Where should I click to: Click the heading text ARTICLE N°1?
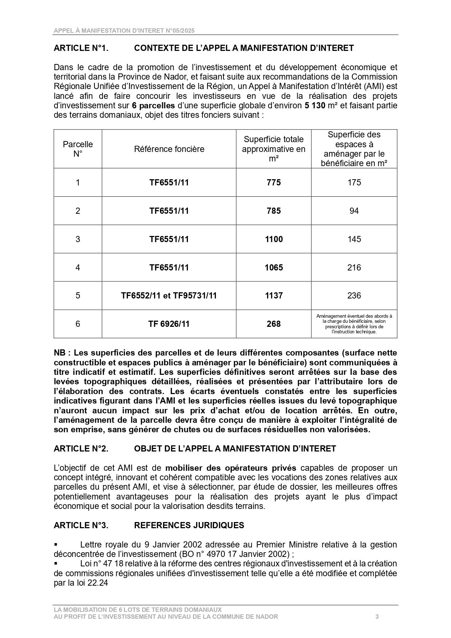coord(81,48)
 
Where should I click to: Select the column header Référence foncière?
coord(169,149)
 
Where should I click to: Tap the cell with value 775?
coord(274,182)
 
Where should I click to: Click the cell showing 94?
coord(354,211)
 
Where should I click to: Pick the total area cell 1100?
coord(274,239)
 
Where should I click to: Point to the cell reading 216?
coord(354,268)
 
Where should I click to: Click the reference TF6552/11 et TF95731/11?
coord(169,296)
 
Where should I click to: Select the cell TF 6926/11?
coord(169,324)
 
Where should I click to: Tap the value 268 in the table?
coord(274,324)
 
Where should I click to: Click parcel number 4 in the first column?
coord(78,268)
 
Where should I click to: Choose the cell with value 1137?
coord(274,296)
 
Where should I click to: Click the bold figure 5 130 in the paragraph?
coord(315,106)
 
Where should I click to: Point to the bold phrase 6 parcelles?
coord(153,106)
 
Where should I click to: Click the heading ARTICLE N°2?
coord(81,449)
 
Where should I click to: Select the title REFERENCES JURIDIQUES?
coord(189,525)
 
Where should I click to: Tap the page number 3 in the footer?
coord(377,617)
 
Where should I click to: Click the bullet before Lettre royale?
coord(56,545)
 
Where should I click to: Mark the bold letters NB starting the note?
coord(60,353)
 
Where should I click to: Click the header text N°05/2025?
coord(180,31)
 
